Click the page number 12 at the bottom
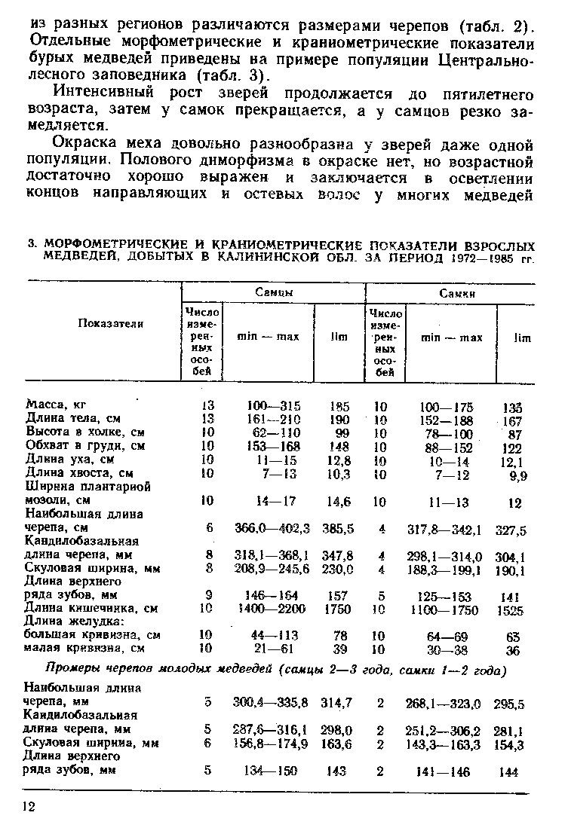point(29,807)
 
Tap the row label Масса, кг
point(57,404)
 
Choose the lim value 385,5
point(339,529)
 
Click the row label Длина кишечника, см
point(91,608)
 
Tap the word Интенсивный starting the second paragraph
point(103,94)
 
